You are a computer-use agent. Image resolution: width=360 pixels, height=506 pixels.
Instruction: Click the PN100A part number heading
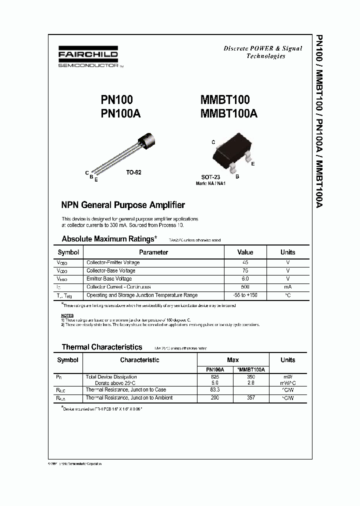[x=120, y=113]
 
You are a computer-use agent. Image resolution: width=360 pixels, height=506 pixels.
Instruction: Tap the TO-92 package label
[x=133, y=172]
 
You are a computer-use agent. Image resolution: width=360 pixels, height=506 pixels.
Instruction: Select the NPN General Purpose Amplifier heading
[x=123, y=205]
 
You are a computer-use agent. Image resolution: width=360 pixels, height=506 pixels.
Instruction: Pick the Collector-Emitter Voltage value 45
[x=245, y=262]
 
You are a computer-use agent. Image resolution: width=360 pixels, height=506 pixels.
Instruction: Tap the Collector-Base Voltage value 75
[x=245, y=270]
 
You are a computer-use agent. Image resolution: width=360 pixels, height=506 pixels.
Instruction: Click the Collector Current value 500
[x=245, y=287]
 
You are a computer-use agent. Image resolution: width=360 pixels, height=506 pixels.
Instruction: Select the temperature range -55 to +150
[x=245, y=295]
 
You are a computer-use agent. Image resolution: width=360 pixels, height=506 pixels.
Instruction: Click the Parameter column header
[x=153, y=252]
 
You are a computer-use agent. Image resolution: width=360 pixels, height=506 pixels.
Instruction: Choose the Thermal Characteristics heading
[x=102, y=346]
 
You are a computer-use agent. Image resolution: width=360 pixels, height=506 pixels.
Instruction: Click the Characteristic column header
[x=139, y=360]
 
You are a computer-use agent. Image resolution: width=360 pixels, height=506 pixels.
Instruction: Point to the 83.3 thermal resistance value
[x=215, y=389]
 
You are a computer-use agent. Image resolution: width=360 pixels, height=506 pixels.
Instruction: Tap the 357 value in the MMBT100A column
[x=251, y=397]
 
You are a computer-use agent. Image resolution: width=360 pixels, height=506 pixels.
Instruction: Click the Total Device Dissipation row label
[x=111, y=377]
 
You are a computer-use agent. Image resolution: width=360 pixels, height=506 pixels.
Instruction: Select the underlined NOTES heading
[x=67, y=315]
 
